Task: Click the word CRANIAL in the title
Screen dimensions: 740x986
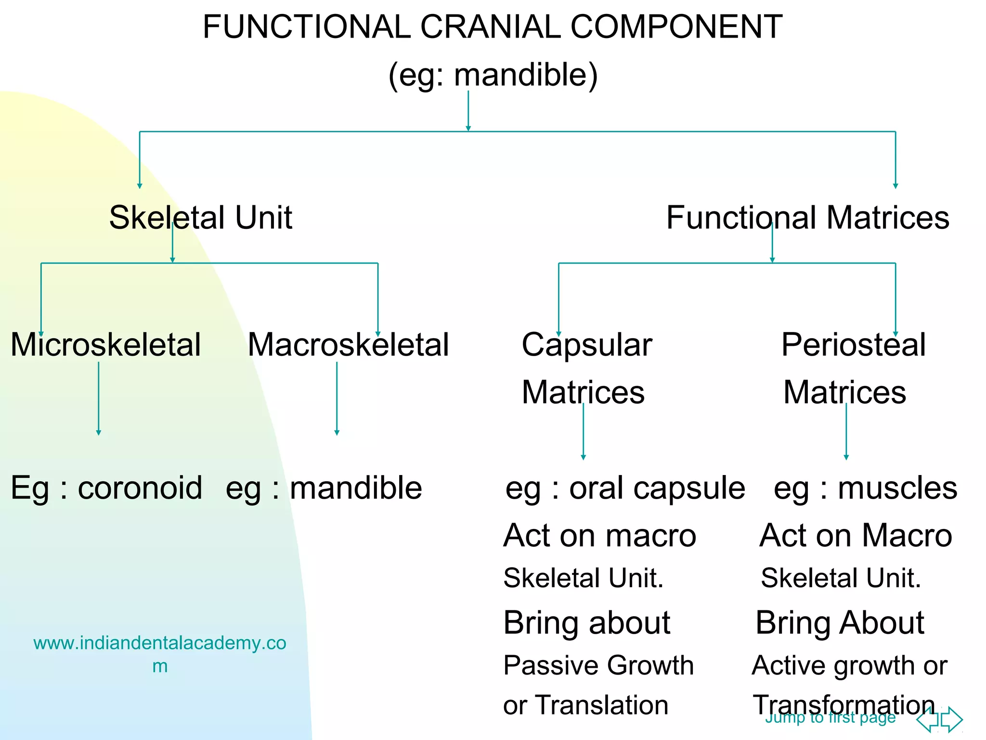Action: click(x=490, y=26)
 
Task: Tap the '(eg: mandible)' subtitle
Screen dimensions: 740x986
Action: click(x=493, y=75)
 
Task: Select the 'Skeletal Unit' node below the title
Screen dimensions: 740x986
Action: click(x=200, y=217)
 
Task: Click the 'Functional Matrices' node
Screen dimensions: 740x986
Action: click(x=807, y=217)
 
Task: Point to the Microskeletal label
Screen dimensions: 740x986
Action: click(x=105, y=345)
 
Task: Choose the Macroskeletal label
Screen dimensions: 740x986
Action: click(x=348, y=345)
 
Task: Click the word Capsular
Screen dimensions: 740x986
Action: click(x=586, y=345)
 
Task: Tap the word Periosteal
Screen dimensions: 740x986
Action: click(x=853, y=345)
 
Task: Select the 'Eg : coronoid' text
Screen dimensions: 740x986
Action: click(x=106, y=488)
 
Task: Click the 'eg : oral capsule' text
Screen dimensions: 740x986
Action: click(x=625, y=488)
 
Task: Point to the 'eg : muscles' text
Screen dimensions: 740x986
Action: click(x=865, y=488)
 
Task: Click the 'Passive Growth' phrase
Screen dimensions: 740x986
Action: click(x=598, y=665)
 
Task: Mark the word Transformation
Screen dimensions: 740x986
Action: click(x=843, y=705)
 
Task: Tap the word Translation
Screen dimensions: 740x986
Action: click(x=602, y=705)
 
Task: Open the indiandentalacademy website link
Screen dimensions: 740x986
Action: click(x=159, y=644)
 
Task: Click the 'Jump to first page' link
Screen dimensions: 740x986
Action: click(x=830, y=718)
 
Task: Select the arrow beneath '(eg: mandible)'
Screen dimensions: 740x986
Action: click(x=468, y=111)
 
